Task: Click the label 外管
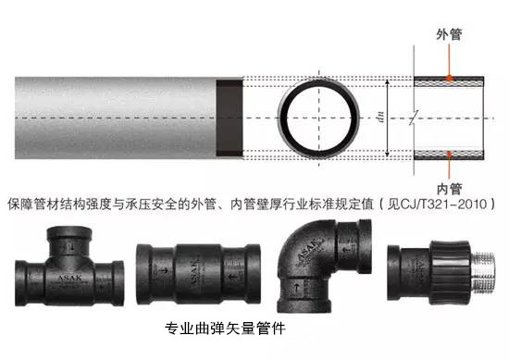(449, 34)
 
